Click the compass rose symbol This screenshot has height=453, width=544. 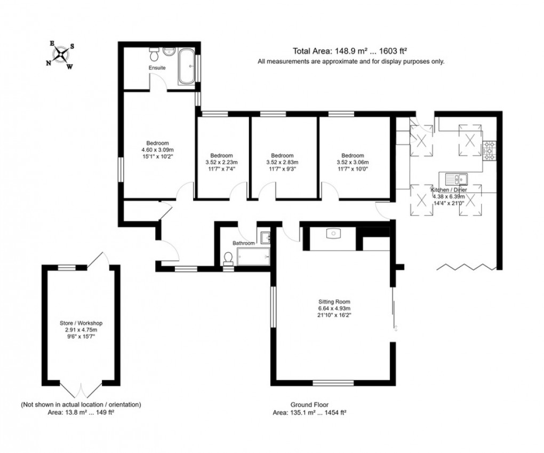click(x=62, y=54)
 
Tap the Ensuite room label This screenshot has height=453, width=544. click(x=157, y=68)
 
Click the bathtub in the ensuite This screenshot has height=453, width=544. click(x=187, y=67)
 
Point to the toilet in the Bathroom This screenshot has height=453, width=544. click(x=229, y=258)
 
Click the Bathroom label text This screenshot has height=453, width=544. click(x=244, y=243)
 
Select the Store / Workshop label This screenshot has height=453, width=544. click(x=81, y=323)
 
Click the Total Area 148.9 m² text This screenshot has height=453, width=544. click(x=350, y=51)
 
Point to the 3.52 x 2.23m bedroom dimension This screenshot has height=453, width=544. click(x=221, y=162)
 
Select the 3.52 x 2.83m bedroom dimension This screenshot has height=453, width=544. click(x=282, y=162)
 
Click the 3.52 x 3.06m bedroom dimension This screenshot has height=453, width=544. click(x=353, y=162)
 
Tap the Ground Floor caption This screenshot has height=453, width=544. click(x=306, y=405)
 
